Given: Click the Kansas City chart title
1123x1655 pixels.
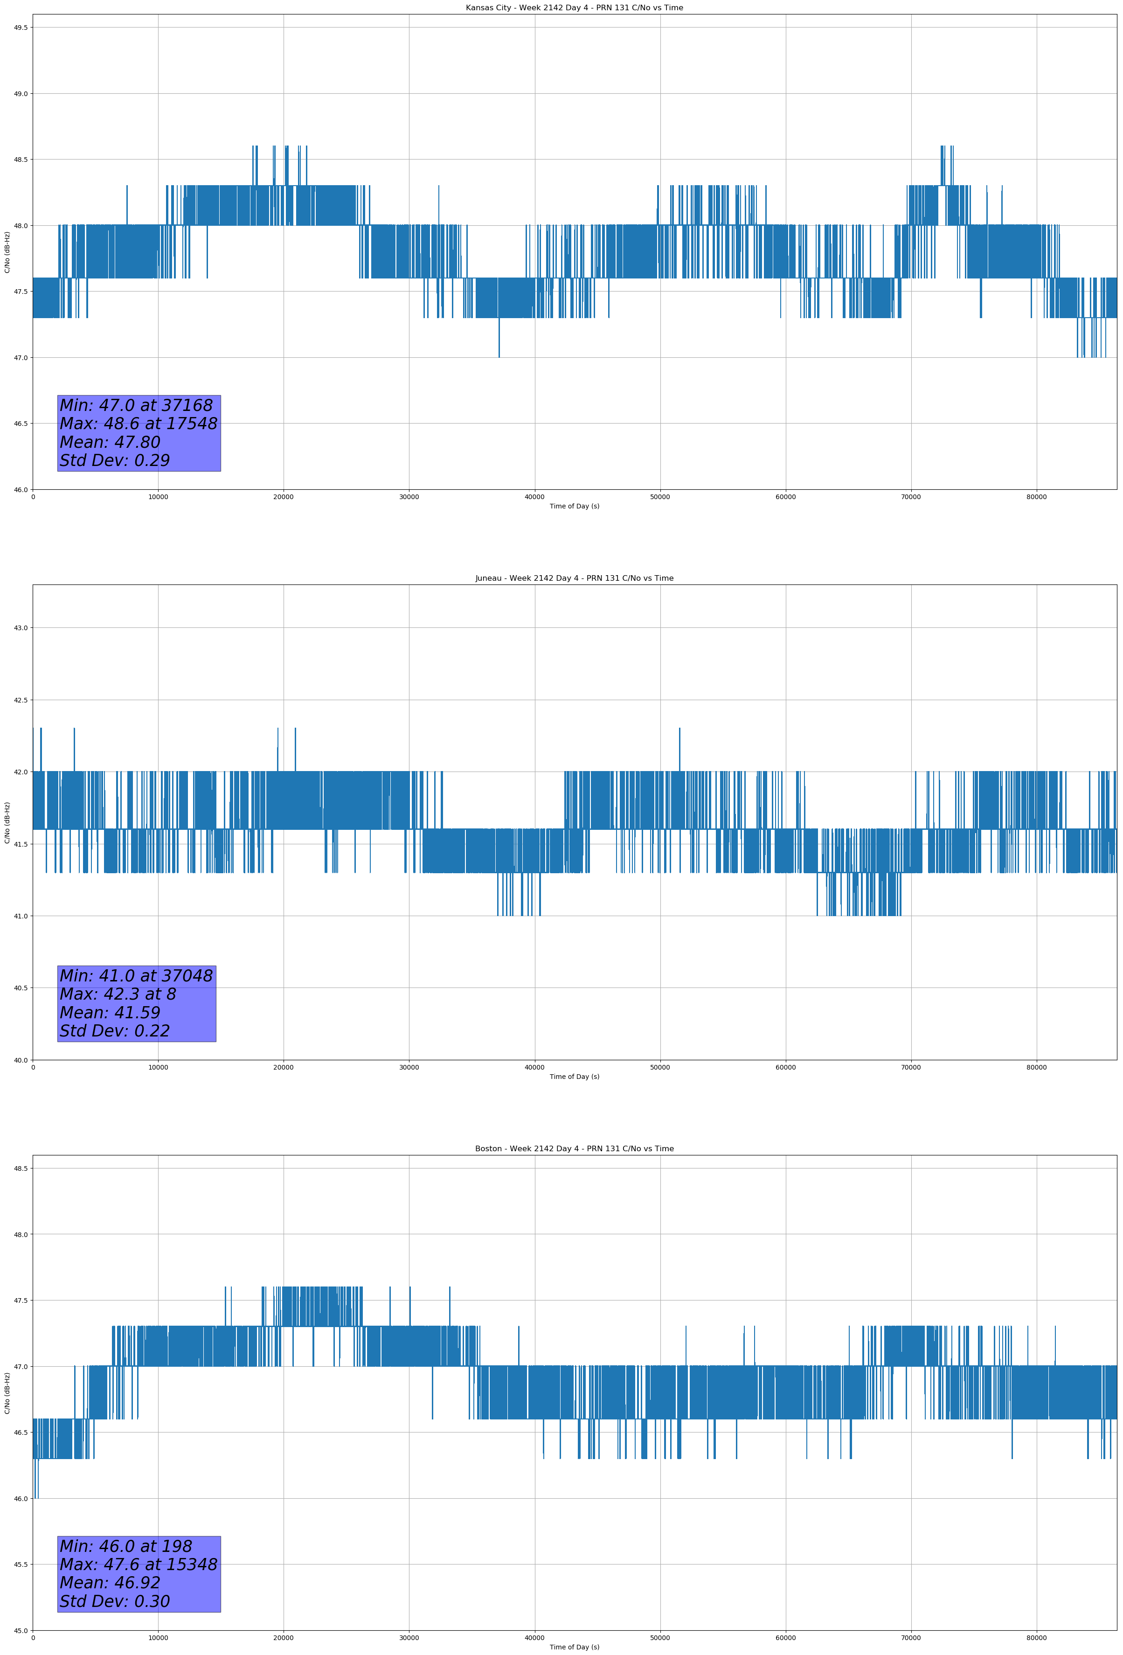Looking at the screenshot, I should tap(574, 8).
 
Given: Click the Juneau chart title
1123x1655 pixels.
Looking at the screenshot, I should tap(574, 578).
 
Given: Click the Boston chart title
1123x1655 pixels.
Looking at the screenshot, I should tap(574, 1149).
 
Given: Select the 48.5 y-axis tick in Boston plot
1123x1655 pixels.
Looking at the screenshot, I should tap(20, 1168).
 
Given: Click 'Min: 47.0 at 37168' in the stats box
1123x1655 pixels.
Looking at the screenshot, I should tap(136, 405).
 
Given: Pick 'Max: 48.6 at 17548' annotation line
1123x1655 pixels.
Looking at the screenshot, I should tap(138, 424).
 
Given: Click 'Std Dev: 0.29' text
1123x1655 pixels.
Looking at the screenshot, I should tap(115, 461).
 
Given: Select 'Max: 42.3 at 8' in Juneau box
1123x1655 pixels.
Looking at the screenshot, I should tap(118, 994).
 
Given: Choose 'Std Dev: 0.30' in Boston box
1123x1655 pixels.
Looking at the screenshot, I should tap(115, 1601).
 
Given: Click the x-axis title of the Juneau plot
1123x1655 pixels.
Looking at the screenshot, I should tap(574, 1077).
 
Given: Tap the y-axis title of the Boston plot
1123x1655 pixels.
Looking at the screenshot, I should tap(7, 1394).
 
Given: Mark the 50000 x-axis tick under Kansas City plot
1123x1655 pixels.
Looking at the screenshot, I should tap(659, 497).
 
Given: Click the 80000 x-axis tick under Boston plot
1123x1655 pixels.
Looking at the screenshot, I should tap(1036, 1637).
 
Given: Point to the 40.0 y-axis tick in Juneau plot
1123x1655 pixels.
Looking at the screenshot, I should tap(20, 1060).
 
